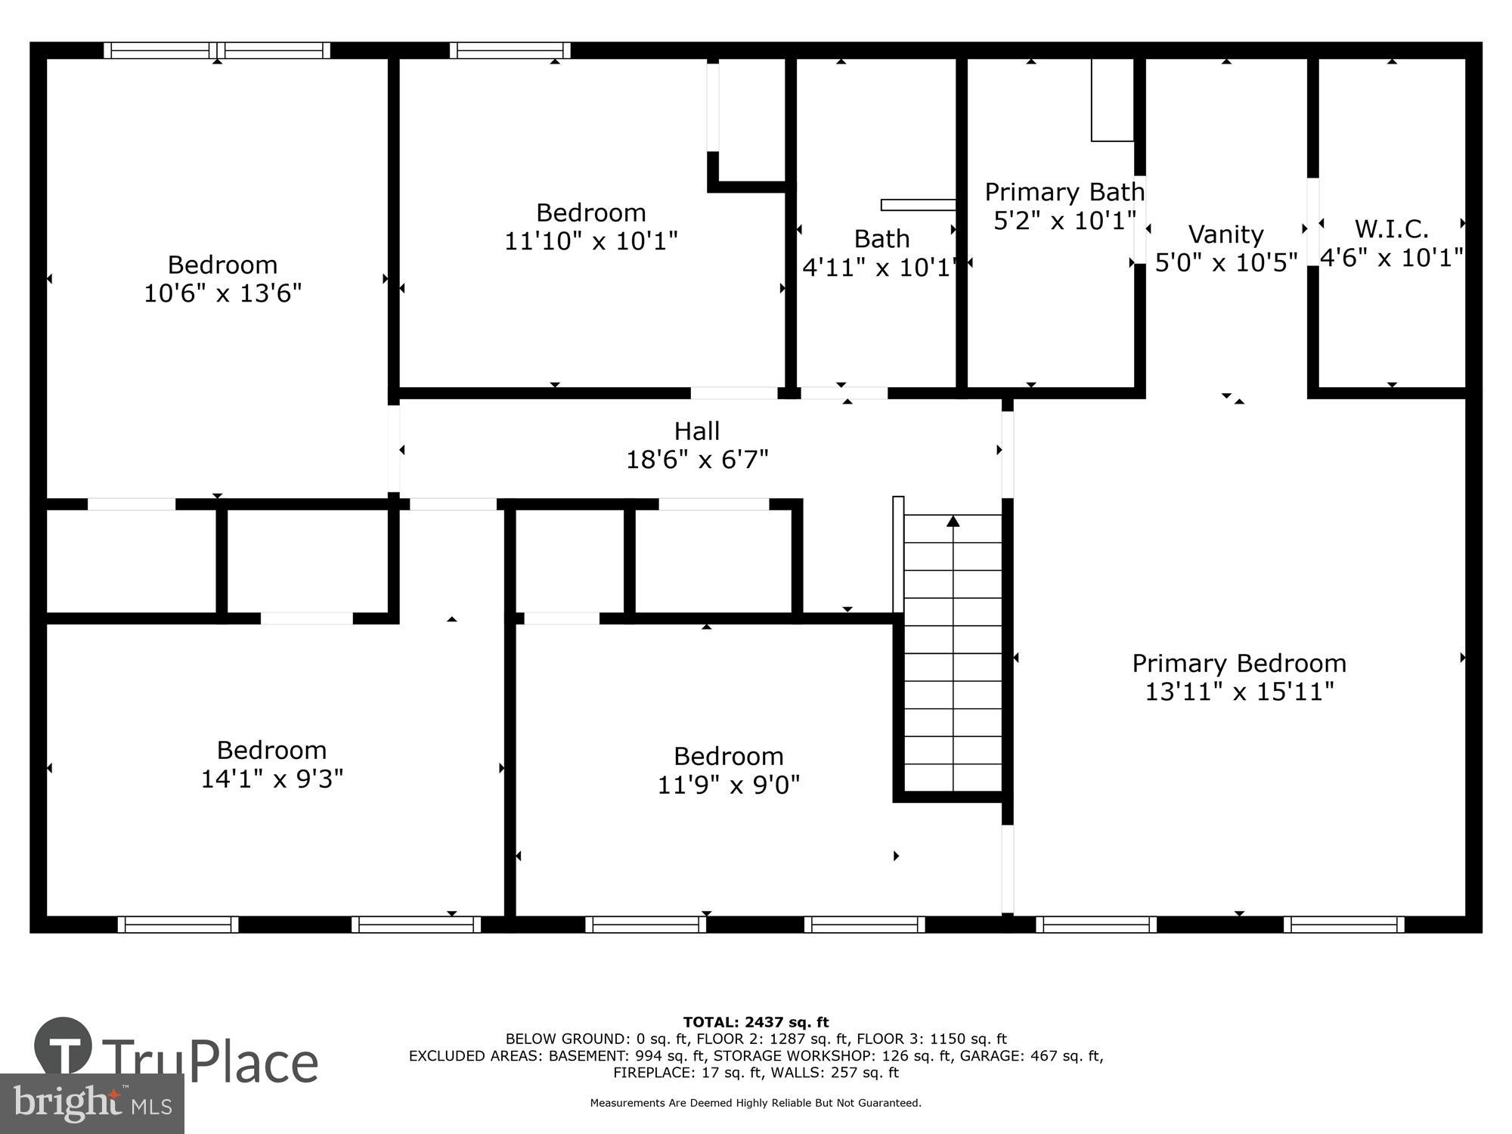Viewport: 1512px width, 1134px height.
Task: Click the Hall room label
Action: click(696, 432)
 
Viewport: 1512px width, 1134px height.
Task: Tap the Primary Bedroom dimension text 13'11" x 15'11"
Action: click(1239, 692)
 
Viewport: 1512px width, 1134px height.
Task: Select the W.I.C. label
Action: click(1391, 228)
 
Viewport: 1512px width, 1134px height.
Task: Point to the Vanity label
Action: click(1225, 234)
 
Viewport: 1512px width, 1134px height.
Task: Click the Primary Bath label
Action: click(1064, 192)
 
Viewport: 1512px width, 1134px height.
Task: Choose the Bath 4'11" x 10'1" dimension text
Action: click(881, 268)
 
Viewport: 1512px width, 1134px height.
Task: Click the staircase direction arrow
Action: click(953, 522)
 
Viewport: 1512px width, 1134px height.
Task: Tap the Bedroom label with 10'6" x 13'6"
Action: click(222, 265)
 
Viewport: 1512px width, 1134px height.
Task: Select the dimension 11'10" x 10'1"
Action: click(590, 241)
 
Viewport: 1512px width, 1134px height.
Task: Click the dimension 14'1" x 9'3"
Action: click(271, 779)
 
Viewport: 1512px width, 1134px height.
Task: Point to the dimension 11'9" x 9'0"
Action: click(728, 785)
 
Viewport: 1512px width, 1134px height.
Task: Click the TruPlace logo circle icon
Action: click(63, 1047)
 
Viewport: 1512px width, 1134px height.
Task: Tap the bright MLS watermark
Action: click(91, 1104)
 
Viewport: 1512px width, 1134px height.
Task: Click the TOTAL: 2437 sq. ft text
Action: click(755, 1022)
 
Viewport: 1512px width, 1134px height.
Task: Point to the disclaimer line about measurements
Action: click(755, 1103)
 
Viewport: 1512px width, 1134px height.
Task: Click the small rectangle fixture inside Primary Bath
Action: click(1112, 100)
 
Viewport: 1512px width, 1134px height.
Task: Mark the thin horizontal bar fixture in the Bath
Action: click(918, 205)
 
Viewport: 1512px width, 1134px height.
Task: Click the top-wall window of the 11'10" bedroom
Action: click(510, 51)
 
